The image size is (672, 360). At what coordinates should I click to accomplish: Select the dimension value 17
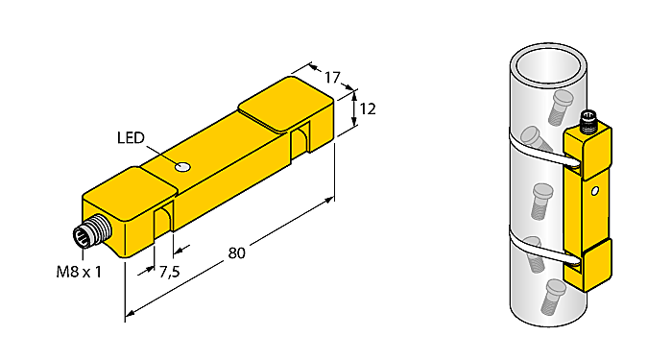pos(331,77)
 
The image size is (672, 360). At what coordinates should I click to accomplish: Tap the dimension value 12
pos(368,108)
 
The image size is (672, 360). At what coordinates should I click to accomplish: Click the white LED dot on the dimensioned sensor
pos(183,168)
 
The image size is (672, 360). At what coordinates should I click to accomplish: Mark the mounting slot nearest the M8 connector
pos(163,220)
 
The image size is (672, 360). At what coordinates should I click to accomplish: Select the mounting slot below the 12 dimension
pos(301,137)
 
